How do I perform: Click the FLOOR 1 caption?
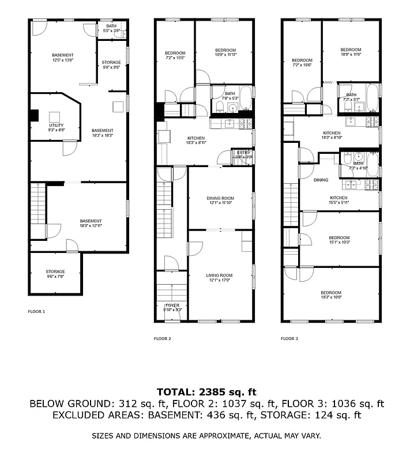click(36, 311)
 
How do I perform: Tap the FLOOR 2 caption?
click(162, 338)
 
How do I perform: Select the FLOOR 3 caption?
click(289, 338)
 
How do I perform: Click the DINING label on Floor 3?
click(321, 180)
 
